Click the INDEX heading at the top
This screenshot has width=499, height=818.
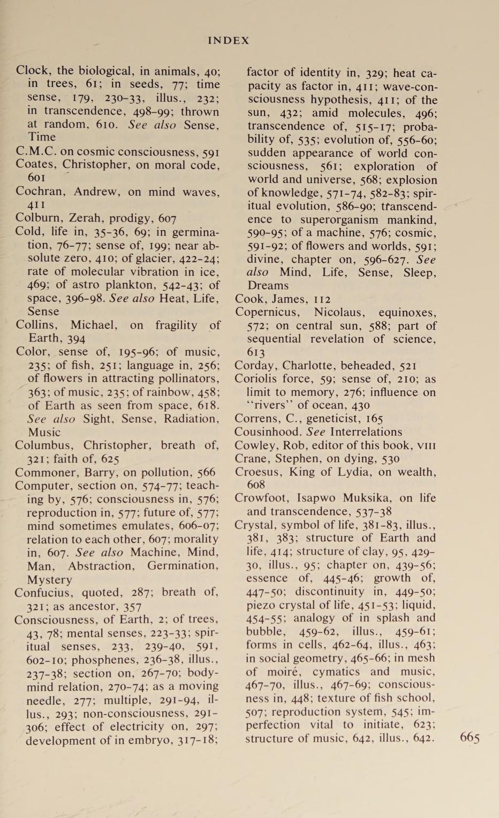click(x=229, y=41)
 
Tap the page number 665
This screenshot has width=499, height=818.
click(x=470, y=738)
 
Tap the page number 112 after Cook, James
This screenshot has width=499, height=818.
click(x=321, y=299)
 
